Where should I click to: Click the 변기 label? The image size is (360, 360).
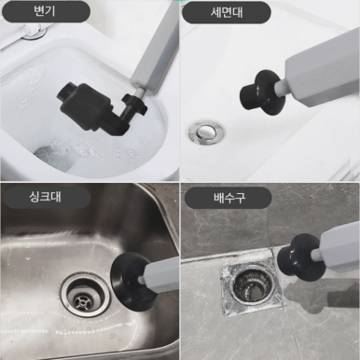[x=46, y=11]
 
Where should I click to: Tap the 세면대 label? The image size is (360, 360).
[x=227, y=12]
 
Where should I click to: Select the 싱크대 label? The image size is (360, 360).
[x=46, y=197]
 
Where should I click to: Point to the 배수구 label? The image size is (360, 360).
[x=229, y=198]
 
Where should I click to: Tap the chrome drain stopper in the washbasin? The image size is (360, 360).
[x=206, y=132]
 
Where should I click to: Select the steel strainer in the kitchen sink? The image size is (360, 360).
[x=86, y=295]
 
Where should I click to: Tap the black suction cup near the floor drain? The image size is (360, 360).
[x=297, y=256]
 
